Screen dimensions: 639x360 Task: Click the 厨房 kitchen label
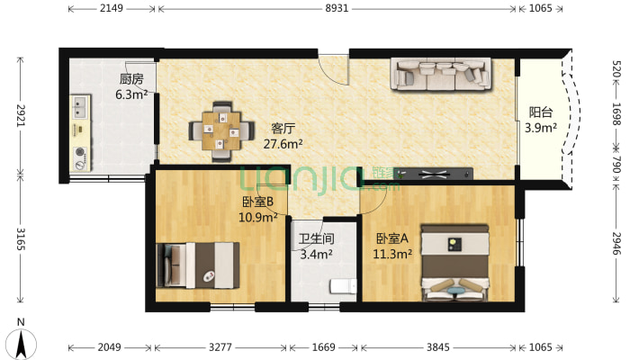coord(131,78)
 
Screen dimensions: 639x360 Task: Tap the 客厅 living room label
coord(283,129)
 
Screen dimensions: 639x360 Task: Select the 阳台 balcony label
coord(541,112)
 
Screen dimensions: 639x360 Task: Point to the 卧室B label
coord(257,202)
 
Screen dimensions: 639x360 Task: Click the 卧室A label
coord(391,238)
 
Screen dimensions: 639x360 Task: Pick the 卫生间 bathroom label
coord(316,238)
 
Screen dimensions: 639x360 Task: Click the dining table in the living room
coord(221,131)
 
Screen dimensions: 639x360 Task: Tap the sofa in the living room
coord(440,74)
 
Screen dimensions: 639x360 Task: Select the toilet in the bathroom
coord(343,286)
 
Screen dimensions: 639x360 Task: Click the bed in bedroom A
coord(454,263)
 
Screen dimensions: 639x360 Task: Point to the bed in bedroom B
coord(198,265)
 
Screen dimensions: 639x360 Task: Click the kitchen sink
coord(80,107)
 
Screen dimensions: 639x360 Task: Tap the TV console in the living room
coord(435,175)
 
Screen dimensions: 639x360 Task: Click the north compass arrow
coord(22,344)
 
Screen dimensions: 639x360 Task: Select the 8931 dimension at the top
coord(337,8)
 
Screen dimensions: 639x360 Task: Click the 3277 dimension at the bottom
coord(220,347)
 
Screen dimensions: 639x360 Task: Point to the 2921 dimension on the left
coord(21,115)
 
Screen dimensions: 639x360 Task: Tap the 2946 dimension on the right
coord(616,243)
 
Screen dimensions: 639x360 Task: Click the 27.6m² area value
coord(283,144)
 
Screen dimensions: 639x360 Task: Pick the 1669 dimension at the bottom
coord(324,347)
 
